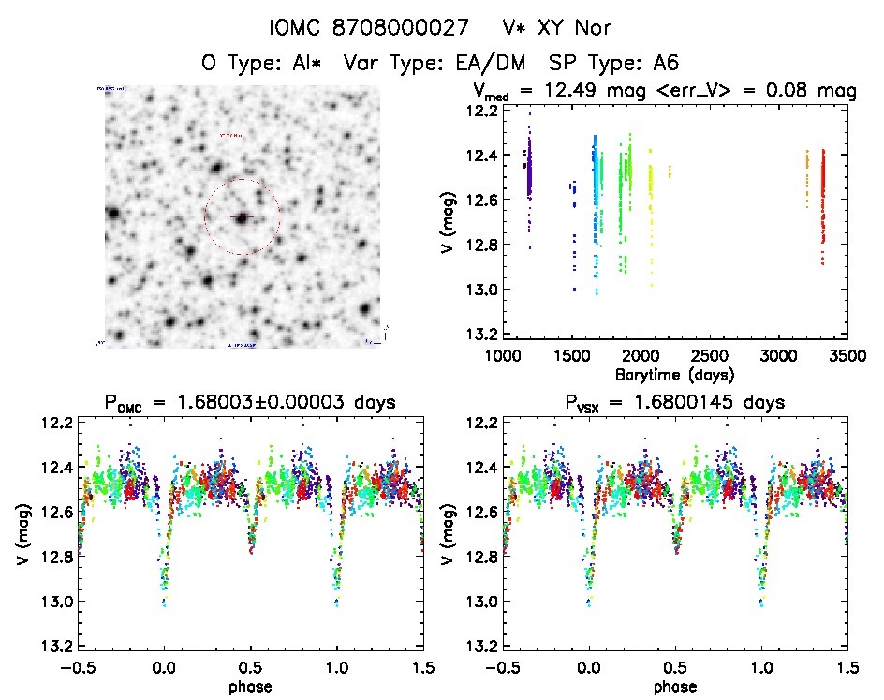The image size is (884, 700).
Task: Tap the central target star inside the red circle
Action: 243,217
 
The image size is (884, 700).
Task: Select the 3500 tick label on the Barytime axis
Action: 847,356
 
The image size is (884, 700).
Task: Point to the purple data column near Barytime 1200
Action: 528,169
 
